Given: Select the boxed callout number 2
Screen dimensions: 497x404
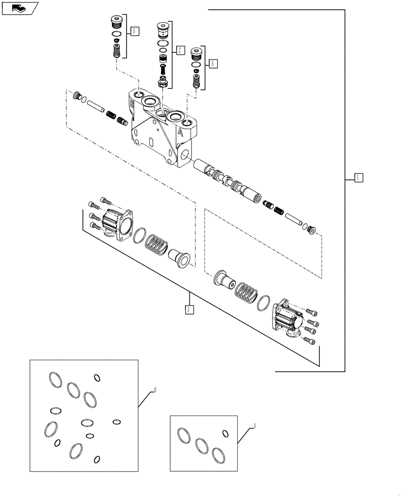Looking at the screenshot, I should (x=180, y=50).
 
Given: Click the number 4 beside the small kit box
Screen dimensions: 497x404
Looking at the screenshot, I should (x=255, y=426).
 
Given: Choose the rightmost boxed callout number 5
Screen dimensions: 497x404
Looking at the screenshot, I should (x=213, y=63).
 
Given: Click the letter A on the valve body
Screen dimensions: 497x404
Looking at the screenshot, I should (x=180, y=133).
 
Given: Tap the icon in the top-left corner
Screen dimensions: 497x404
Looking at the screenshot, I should (x=20, y=8).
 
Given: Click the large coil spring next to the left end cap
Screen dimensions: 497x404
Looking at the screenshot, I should (x=156, y=244).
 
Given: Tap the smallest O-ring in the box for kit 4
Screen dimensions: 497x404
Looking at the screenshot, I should (x=225, y=433).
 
